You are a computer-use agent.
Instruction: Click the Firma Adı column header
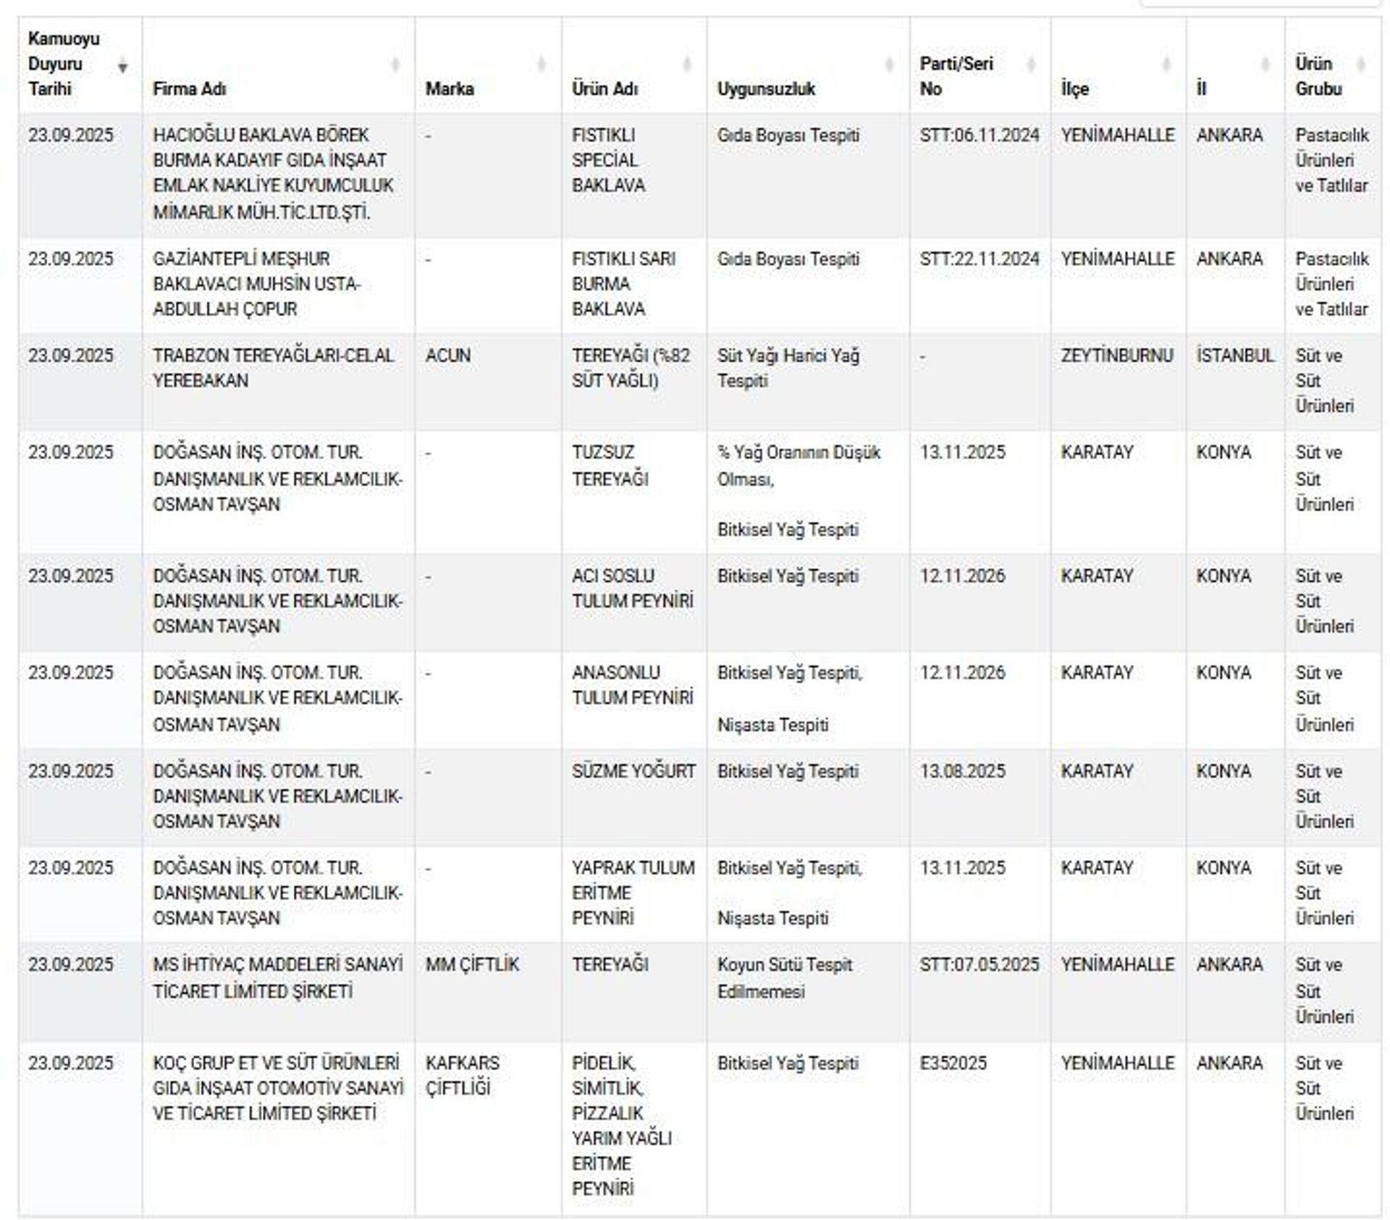[190, 89]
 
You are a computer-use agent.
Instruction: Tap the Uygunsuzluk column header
[766, 89]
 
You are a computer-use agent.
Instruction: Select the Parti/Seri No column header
[956, 76]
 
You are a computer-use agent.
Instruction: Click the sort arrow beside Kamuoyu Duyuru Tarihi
[123, 67]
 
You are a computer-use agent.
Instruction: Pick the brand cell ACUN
[448, 356]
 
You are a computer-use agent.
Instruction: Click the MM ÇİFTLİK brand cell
[472, 964]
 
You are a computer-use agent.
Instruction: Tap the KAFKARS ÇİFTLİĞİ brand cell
[462, 1075]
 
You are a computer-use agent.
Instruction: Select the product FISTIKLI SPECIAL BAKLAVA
[608, 160]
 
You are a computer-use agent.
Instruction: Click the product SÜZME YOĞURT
[633, 771]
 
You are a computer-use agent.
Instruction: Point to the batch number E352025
[953, 1063]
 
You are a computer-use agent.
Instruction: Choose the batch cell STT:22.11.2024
[979, 259]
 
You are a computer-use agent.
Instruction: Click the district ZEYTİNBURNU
[1116, 356]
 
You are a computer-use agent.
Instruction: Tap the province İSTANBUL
[1234, 356]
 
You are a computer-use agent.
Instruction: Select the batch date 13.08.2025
[962, 771]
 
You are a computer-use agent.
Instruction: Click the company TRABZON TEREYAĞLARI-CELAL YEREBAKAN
[273, 368]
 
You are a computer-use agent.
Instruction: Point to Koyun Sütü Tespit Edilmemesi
[784, 977]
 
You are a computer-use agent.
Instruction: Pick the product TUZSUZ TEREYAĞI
[610, 466]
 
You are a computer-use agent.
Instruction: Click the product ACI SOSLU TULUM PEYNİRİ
[632, 588]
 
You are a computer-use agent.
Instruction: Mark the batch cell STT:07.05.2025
[979, 964]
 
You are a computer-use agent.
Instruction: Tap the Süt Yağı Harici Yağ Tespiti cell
[788, 368]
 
